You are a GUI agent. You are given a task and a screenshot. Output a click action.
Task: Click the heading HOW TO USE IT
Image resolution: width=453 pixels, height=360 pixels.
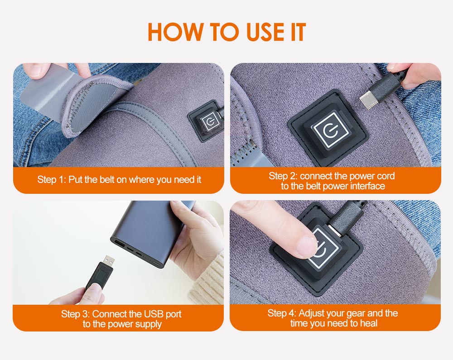[x=226, y=32]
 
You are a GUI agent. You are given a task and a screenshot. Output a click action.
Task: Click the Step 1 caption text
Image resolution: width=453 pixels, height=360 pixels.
[x=119, y=180]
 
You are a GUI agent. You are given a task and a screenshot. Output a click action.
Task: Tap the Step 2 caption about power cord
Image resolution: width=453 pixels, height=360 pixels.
[x=333, y=181]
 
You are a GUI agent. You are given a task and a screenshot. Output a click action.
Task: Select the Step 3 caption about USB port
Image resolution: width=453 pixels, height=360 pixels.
[x=121, y=319]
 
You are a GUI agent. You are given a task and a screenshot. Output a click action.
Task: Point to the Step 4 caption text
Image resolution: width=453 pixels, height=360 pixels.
[x=333, y=318]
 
